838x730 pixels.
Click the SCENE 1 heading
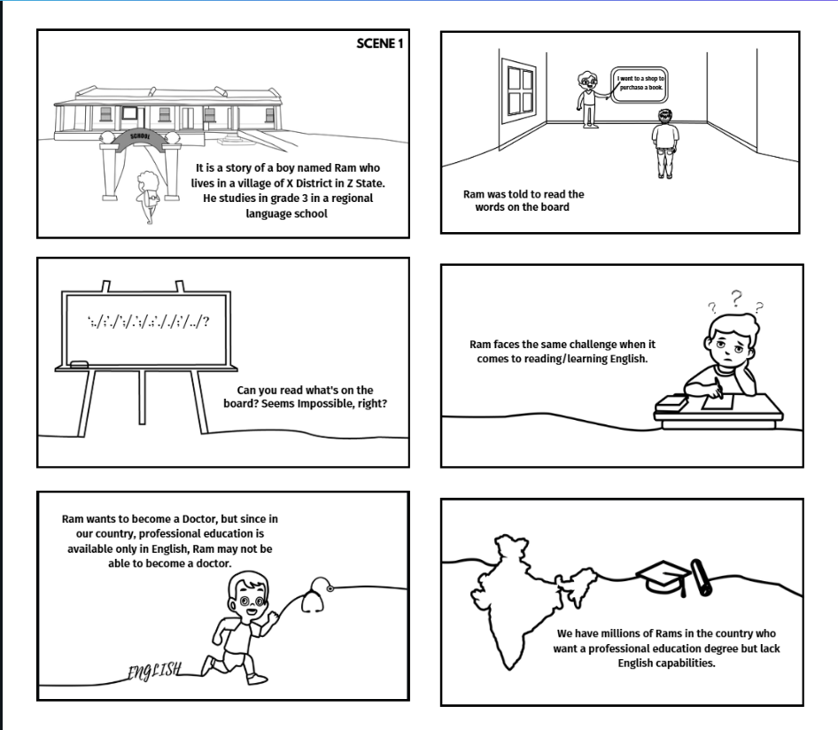click(x=379, y=43)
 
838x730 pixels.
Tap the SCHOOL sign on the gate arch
click(x=141, y=136)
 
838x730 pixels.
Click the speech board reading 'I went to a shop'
click(x=640, y=84)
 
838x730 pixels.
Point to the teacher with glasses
click(x=588, y=99)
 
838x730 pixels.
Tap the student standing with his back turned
click(x=665, y=144)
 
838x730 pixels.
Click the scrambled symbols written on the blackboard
click(x=148, y=322)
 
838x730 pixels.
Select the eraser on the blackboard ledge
click(x=79, y=364)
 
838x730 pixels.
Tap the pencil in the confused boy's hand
click(x=718, y=388)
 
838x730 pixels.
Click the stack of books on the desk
click(x=671, y=402)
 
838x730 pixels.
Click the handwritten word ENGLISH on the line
click(x=154, y=670)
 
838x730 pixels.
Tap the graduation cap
click(x=663, y=577)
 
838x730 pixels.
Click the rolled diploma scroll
click(x=702, y=577)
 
